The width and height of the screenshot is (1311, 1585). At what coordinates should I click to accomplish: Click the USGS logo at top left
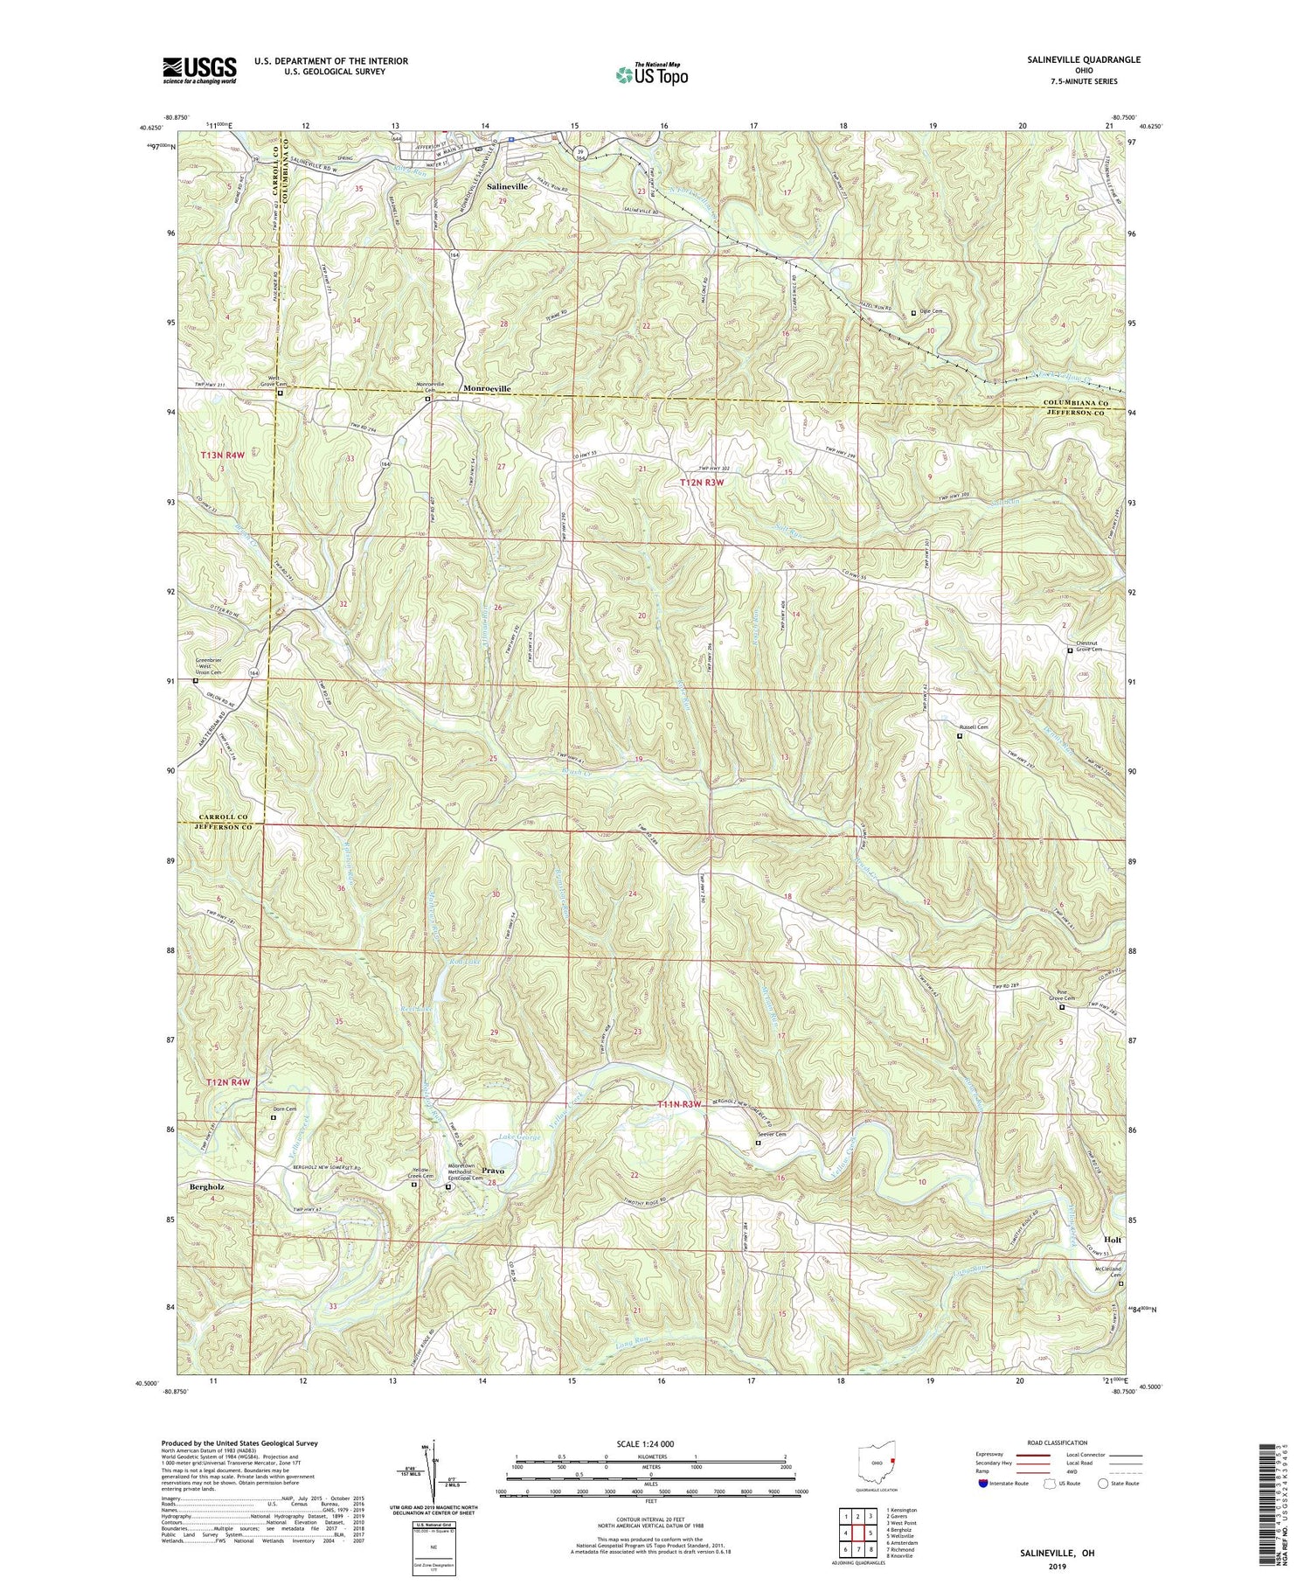(199, 69)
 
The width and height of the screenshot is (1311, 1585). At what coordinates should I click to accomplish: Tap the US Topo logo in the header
(650, 74)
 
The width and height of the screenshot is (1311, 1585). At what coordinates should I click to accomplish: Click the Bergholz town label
(207, 1187)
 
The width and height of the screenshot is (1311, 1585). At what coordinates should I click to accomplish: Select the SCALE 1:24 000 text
(650, 1444)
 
